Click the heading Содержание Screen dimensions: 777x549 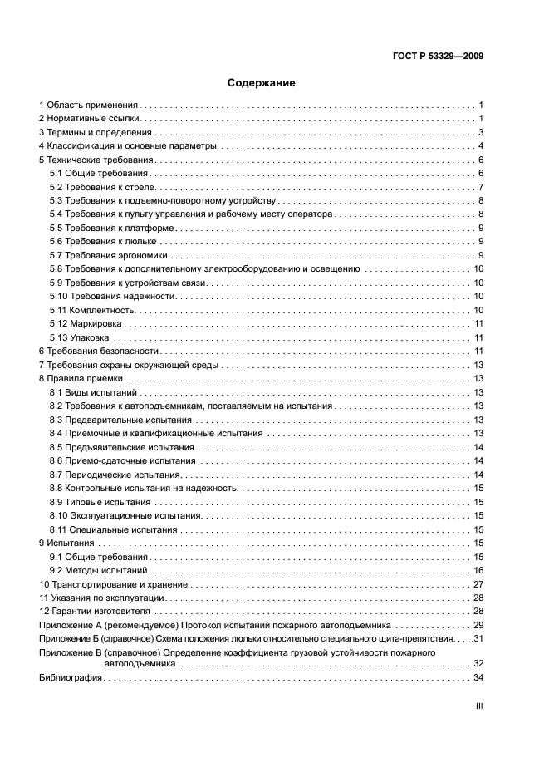click(262, 83)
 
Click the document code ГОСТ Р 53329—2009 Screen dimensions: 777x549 click(438, 57)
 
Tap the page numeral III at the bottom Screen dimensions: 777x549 click(478, 705)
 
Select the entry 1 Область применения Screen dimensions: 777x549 click(89, 106)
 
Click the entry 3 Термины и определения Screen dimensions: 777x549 click(96, 133)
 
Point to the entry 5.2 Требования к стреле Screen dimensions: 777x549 click(98, 187)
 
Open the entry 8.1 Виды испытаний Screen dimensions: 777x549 click(93, 391)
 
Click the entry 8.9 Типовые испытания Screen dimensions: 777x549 click(100, 502)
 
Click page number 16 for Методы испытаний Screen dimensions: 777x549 click(478, 570)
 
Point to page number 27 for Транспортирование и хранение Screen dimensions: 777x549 click(478, 584)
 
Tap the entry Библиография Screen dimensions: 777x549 click(71, 677)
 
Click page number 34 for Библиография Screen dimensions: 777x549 click(478, 677)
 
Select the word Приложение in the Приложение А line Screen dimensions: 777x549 click(65, 624)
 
